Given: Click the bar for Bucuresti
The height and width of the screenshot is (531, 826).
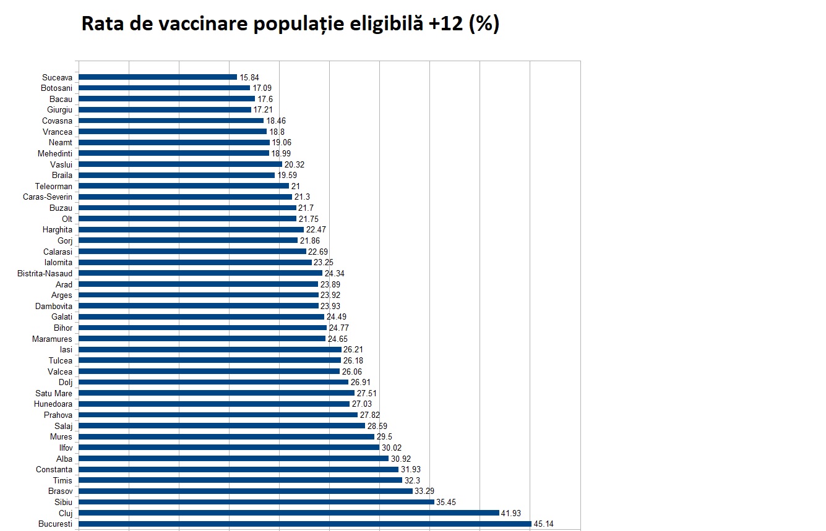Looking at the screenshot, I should click(305, 524).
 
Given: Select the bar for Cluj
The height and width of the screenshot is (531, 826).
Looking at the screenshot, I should click(289, 512).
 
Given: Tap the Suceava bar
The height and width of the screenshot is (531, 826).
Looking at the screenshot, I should click(158, 77).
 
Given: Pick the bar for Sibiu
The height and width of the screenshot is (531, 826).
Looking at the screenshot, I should click(256, 502).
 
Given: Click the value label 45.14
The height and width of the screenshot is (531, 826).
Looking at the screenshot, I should click(544, 524).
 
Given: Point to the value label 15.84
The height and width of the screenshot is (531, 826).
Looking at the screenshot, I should click(249, 77).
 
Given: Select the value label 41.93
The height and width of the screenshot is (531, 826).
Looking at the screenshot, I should click(512, 513).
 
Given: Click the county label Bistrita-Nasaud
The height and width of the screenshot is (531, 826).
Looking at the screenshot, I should click(45, 273).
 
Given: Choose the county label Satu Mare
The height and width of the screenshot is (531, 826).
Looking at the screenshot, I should click(54, 393).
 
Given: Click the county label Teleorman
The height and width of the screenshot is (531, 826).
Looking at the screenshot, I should click(53, 186).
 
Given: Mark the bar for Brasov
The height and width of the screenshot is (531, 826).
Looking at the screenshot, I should click(246, 491).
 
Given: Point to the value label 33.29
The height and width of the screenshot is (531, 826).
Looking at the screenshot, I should click(424, 491).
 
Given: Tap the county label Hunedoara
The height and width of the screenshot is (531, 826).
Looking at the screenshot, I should click(53, 404).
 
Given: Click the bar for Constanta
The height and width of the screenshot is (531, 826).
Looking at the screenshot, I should click(239, 469).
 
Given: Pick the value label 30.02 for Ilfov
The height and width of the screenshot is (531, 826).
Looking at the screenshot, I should click(392, 448).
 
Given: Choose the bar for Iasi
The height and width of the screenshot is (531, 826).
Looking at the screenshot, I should click(210, 349).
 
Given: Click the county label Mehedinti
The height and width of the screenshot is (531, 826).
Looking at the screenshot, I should click(53, 153).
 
